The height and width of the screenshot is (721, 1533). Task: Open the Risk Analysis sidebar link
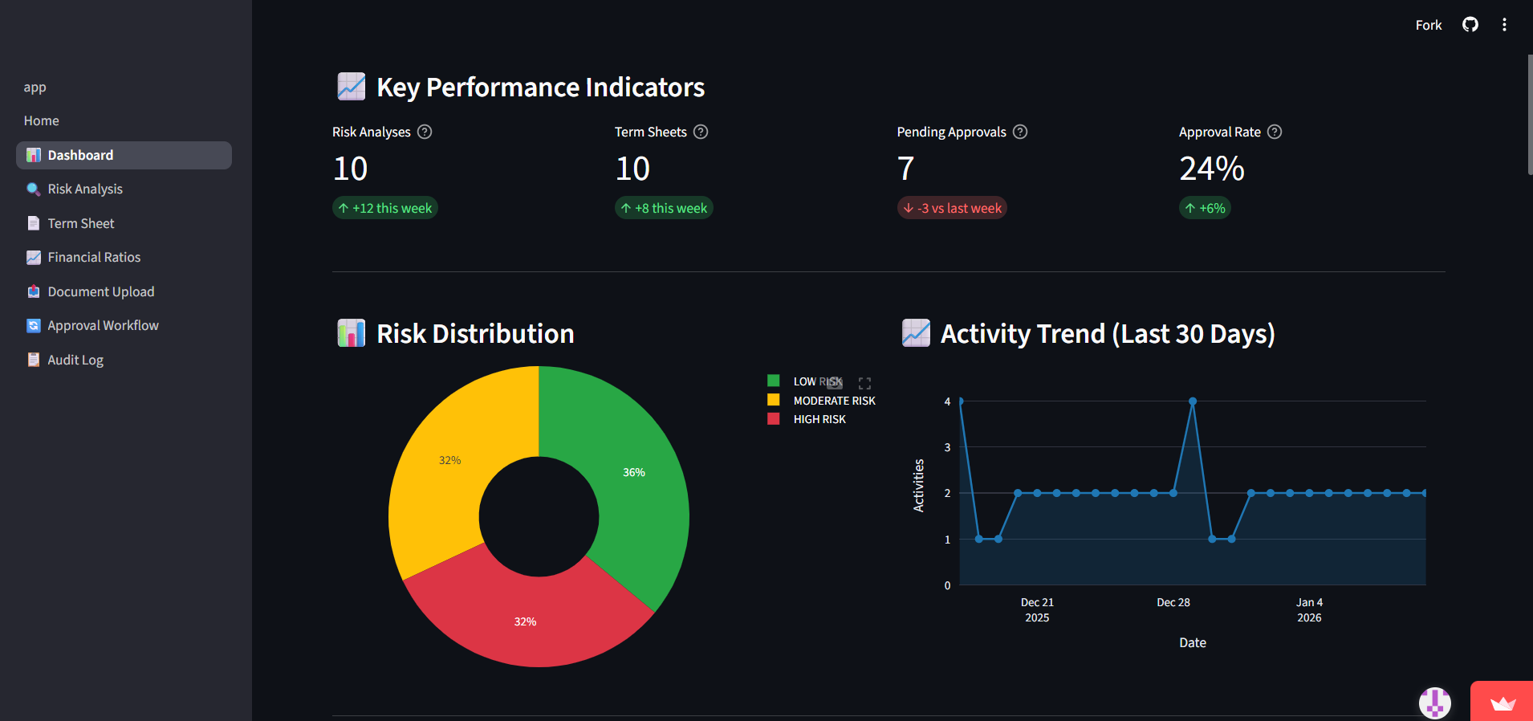84,189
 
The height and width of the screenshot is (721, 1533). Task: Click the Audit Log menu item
75,360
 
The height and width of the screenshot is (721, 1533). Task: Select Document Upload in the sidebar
100,292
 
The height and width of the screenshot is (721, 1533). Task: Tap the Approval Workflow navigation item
103,326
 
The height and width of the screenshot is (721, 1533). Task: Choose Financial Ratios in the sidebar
94,258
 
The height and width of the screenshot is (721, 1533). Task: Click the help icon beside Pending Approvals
1020,132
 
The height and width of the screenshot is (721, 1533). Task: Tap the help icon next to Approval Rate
1275,132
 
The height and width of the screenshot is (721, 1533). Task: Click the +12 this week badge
385,209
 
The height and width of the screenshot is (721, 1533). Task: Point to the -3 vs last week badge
952,209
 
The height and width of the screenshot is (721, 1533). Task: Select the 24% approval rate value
1211,169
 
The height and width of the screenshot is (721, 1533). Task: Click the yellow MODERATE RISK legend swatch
774,400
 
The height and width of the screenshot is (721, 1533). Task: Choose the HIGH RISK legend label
819,420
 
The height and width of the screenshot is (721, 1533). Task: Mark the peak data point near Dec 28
1193,401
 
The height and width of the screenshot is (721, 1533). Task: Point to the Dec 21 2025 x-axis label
1037,610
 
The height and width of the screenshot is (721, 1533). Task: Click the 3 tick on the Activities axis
947,447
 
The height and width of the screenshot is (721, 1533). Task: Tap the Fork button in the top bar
1428,25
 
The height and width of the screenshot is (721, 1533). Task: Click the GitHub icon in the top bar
1470,25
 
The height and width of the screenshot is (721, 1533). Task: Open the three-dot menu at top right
1504,25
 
